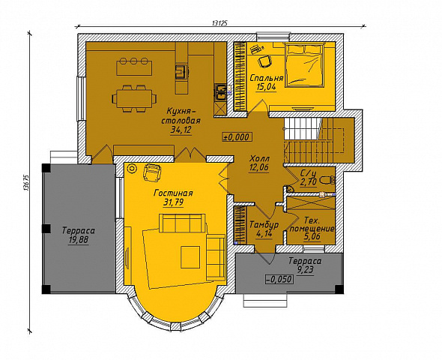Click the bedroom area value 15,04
point(266,87)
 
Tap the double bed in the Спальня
point(304,64)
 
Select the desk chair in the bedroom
point(265,61)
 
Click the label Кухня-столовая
point(181,115)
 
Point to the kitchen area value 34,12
point(181,130)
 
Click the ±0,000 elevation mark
point(237,136)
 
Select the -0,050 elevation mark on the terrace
point(279,279)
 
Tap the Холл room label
point(259,158)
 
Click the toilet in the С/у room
point(327,179)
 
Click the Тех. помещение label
point(312,224)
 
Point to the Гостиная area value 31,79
point(173,202)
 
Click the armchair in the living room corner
point(152,172)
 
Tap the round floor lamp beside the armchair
point(132,169)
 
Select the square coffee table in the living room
point(190,257)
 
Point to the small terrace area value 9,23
point(306,270)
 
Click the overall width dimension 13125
point(220,23)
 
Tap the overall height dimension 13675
point(27,183)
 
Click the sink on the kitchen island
point(181,72)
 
